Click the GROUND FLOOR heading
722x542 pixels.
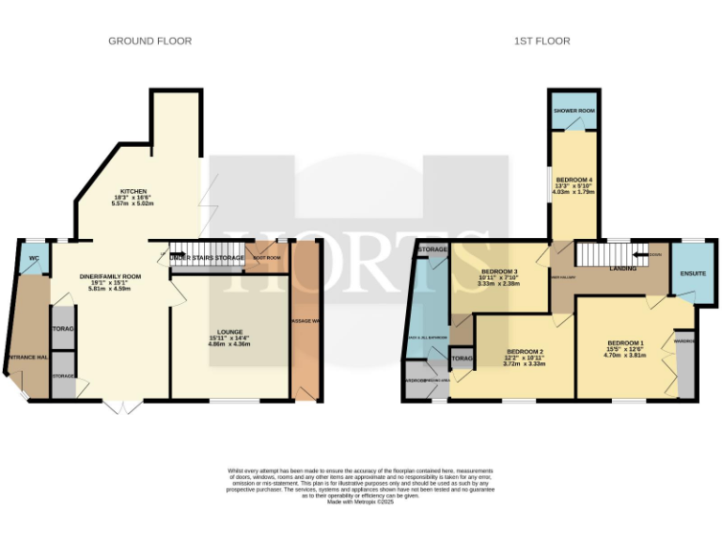[x=149, y=41]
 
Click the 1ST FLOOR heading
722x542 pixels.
[x=542, y=41]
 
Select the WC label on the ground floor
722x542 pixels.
[x=34, y=259]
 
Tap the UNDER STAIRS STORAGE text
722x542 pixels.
[x=207, y=257]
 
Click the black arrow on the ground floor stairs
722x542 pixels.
[x=162, y=251]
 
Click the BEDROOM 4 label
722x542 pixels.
[x=573, y=180]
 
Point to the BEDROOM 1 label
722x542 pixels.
[x=625, y=343]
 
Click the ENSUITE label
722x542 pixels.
[x=694, y=274]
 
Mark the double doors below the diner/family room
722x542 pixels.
[x=119, y=406]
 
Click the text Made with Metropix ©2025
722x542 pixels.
[x=361, y=502]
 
